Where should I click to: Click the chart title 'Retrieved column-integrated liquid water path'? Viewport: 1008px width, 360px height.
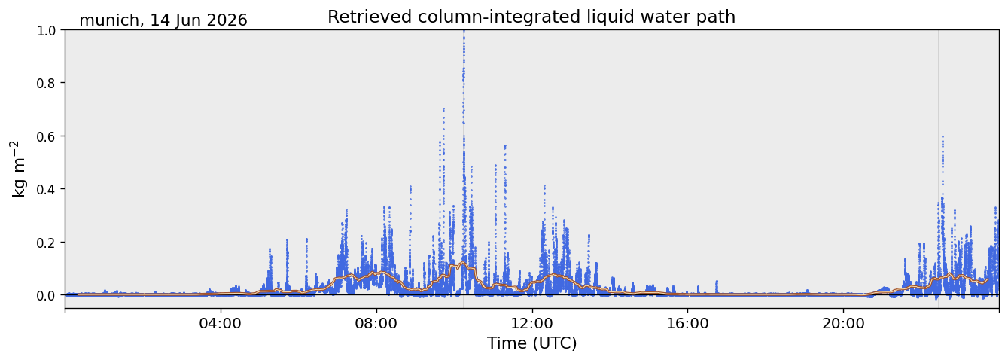pyautogui.click(x=531, y=17)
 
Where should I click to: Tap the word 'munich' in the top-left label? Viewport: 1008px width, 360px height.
pyautogui.click(x=109, y=20)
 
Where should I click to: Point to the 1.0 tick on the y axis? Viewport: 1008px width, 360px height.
pyautogui.click(x=46, y=30)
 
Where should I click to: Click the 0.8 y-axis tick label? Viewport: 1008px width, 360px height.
pyautogui.click(x=46, y=84)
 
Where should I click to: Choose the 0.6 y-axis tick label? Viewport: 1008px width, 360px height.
pyautogui.click(x=46, y=136)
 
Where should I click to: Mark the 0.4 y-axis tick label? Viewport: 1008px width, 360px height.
pyautogui.click(x=46, y=189)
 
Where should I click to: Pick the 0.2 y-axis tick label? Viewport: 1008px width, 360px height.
pyautogui.click(x=46, y=242)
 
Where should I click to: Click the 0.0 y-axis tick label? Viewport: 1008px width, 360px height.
pyautogui.click(x=46, y=295)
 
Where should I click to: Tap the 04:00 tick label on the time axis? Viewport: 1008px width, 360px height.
pyautogui.click(x=221, y=323)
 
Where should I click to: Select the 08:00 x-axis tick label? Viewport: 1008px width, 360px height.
pyautogui.click(x=376, y=323)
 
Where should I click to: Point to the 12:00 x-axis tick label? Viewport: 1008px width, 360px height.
pyautogui.click(x=532, y=323)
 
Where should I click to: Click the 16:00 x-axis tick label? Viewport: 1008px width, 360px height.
pyautogui.click(x=687, y=323)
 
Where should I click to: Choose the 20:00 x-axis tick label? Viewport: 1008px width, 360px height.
pyautogui.click(x=843, y=323)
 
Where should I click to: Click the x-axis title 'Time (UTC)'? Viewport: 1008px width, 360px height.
pyautogui.click(x=531, y=343)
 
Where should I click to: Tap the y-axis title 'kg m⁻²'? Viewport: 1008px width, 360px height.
pyautogui.click(x=19, y=169)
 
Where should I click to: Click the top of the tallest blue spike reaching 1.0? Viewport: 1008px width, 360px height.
pyautogui.click(x=464, y=31)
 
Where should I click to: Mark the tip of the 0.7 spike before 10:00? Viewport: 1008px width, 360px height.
pyautogui.click(x=443, y=109)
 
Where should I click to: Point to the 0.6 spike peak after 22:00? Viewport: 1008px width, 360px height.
pyautogui.click(x=943, y=137)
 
